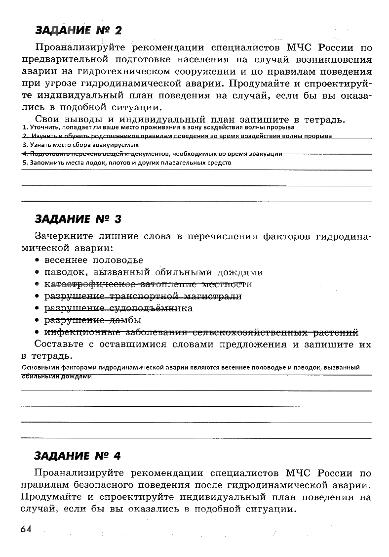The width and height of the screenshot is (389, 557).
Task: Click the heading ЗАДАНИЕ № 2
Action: (78, 31)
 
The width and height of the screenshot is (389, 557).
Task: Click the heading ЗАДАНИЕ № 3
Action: (78, 219)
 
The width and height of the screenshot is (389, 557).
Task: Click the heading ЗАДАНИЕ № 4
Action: (78, 455)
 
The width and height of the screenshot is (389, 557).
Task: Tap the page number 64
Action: (26, 529)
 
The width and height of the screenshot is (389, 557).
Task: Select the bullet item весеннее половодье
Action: (94, 260)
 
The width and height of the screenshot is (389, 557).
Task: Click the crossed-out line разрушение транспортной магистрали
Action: (143, 296)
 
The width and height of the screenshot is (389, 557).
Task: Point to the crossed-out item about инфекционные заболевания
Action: (201, 332)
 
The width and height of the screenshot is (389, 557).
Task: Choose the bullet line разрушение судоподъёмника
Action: (118, 308)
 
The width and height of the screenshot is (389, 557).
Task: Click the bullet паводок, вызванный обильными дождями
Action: (154, 272)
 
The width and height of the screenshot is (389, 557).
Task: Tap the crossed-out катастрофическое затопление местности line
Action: (148, 284)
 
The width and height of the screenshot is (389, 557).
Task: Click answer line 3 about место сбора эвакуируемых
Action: (81, 145)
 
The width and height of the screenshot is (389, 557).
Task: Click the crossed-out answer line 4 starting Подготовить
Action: (153, 154)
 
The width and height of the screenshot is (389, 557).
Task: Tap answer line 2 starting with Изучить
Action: (178, 136)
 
